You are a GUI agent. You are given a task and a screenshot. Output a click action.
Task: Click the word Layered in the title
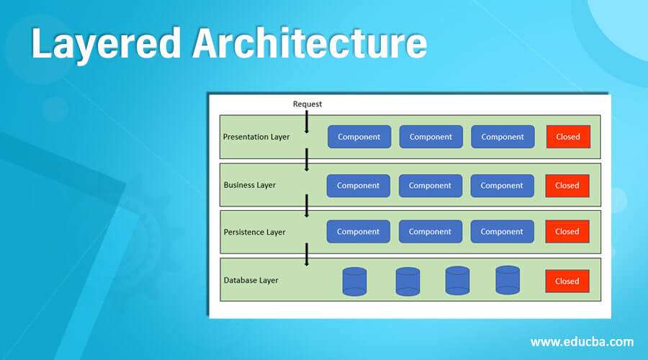(x=105, y=45)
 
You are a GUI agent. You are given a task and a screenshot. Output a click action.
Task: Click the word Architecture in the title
(x=308, y=45)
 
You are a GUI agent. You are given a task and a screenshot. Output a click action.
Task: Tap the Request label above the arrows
(x=307, y=104)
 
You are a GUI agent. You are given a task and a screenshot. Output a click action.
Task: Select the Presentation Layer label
(x=256, y=137)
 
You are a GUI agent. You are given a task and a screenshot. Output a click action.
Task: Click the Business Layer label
(x=250, y=185)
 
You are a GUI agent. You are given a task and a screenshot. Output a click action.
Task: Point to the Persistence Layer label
(x=254, y=232)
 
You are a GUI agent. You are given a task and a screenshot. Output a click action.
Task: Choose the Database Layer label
(x=251, y=280)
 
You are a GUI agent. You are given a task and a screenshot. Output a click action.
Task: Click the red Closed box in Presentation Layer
(x=567, y=137)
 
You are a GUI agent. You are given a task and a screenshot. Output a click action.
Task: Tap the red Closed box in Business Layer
(x=567, y=185)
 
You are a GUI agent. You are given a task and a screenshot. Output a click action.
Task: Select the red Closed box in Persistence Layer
(x=567, y=232)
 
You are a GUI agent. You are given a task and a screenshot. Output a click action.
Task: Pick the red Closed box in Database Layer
(x=567, y=281)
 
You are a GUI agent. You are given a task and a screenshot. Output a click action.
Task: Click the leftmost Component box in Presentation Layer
(x=359, y=137)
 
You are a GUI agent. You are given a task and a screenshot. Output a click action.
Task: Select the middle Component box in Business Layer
(x=430, y=185)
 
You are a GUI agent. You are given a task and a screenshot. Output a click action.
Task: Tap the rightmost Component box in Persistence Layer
(x=502, y=232)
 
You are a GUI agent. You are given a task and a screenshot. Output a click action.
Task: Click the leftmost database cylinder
(x=354, y=282)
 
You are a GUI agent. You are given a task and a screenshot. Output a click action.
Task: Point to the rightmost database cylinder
(x=507, y=280)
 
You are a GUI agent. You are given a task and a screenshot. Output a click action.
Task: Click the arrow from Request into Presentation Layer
(x=307, y=122)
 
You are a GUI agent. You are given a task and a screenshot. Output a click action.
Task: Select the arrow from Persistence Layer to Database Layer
(x=307, y=254)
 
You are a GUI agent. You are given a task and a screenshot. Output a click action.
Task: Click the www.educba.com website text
(x=582, y=341)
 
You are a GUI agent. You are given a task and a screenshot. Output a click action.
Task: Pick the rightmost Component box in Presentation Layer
(x=503, y=137)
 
